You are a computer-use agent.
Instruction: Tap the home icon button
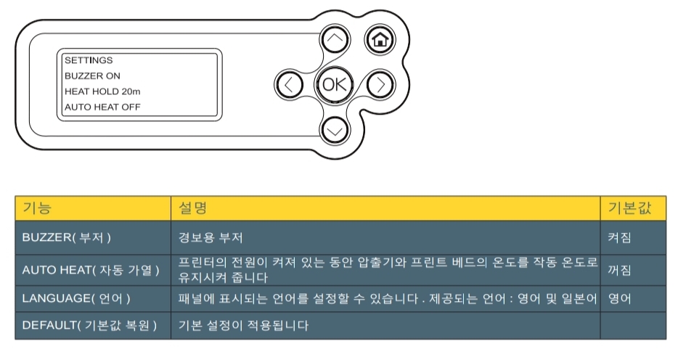click(x=378, y=39)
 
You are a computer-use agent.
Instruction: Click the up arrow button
click(x=335, y=39)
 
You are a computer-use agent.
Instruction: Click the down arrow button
click(x=335, y=129)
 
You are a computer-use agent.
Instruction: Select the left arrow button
click(x=289, y=84)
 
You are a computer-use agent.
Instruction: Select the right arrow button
click(x=379, y=84)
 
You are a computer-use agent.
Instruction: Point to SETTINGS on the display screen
click(x=89, y=60)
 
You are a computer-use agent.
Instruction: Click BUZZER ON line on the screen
click(x=92, y=75)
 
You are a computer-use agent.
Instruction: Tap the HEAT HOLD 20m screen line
click(x=102, y=91)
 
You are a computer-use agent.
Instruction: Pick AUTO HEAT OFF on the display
click(x=102, y=107)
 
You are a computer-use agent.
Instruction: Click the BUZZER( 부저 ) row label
click(x=67, y=237)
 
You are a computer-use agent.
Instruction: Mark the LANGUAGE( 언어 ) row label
click(x=76, y=298)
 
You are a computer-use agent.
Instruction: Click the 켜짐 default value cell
click(x=620, y=237)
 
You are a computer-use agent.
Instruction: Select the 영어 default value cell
click(x=620, y=298)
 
